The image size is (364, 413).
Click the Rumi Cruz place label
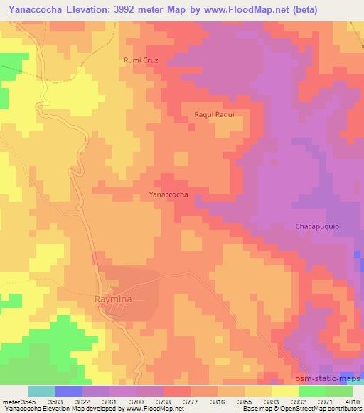pyautogui.click(x=140, y=60)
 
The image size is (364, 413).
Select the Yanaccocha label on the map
pyautogui.click(x=168, y=194)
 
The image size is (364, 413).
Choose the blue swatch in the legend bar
pyautogui.click(x=68, y=391)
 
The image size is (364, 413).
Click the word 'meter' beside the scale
pyautogui.click(x=10, y=400)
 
